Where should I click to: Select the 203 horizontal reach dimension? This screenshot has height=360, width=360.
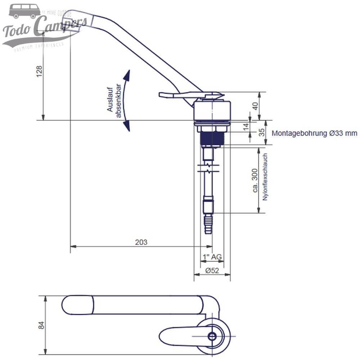tap(141, 242)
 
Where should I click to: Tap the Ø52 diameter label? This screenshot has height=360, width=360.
tap(212, 271)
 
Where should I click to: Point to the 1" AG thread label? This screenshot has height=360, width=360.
tap(212, 257)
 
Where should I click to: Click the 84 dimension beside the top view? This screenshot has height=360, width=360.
tap(41, 325)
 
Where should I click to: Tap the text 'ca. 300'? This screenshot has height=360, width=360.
tap(255, 180)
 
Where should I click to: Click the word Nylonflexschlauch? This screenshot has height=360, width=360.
tap(265, 177)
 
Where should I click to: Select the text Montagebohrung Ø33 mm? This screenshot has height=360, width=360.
tap(314, 133)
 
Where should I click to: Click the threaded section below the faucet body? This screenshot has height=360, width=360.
tap(212, 139)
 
